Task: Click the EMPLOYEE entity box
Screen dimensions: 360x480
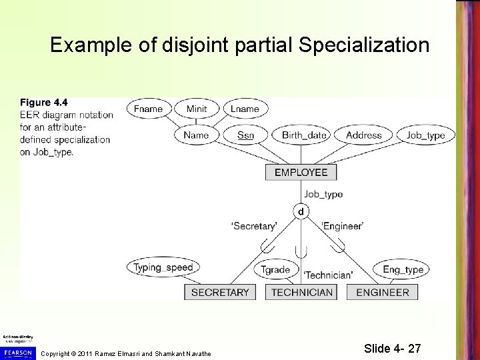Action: coord(301,172)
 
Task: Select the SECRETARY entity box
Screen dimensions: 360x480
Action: coord(220,292)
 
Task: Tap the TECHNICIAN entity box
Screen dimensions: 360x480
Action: coord(301,292)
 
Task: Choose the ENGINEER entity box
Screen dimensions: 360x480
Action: coord(383,292)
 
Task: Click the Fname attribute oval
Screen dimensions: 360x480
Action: coord(148,109)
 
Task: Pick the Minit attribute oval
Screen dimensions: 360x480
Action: coord(197,109)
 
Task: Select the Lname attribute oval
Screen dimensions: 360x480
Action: coord(245,109)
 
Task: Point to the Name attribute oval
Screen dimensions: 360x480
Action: coord(197,135)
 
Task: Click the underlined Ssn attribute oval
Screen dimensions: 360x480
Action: coord(245,135)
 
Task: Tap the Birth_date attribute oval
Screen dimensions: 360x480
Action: coord(304,135)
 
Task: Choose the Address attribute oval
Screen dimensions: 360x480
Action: coord(364,135)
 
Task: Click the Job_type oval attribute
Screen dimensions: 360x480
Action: coord(425,135)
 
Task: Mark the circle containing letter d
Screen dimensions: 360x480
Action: coord(301,211)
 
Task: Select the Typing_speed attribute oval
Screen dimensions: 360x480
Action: coord(162,268)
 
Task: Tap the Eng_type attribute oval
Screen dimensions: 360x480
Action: coord(403,269)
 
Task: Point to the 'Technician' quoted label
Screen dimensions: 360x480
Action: coord(328,275)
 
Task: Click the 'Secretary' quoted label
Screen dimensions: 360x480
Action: coord(254,226)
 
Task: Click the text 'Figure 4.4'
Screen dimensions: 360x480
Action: coord(44,102)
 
